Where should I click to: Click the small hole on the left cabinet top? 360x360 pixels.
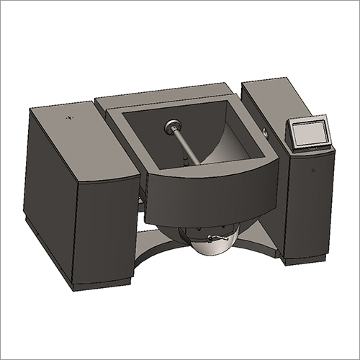69,117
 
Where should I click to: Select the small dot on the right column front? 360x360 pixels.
315,171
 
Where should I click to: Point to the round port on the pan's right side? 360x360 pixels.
266,132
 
